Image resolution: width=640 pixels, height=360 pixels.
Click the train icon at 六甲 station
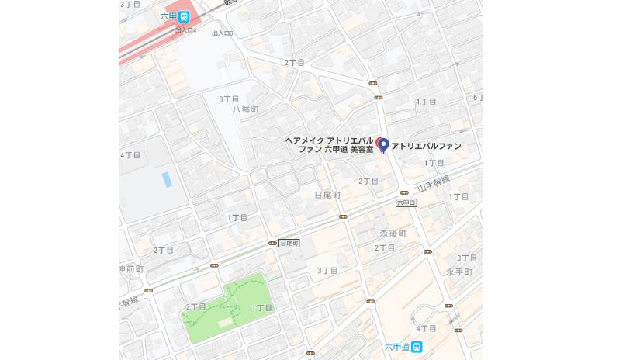(x=184, y=16)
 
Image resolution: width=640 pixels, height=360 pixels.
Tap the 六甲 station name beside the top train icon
(x=168, y=16)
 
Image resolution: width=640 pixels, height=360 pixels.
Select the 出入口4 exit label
(x=185, y=30)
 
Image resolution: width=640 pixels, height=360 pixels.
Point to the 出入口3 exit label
(x=222, y=33)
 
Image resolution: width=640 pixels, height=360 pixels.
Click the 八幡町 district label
(x=244, y=109)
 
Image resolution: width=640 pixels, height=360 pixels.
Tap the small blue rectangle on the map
(x=167, y=179)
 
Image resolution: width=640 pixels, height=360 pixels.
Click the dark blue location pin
(x=382, y=146)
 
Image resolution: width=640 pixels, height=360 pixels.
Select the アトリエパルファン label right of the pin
(x=426, y=146)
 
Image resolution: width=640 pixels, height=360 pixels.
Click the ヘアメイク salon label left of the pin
(x=330, y=145)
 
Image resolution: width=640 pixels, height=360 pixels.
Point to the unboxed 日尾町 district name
(x=327, y=195)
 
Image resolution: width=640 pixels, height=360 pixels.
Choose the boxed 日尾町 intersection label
(x=289, y=243)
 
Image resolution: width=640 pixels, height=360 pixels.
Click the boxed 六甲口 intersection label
(x=406, y=202)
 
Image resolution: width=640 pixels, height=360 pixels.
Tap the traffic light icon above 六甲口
(x=404, y=192)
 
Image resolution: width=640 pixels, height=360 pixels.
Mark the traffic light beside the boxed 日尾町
(x=272, y=243)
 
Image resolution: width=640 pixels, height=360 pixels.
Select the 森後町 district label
(x=393, y=233)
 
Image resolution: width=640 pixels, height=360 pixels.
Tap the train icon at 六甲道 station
(x=417, y=347)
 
